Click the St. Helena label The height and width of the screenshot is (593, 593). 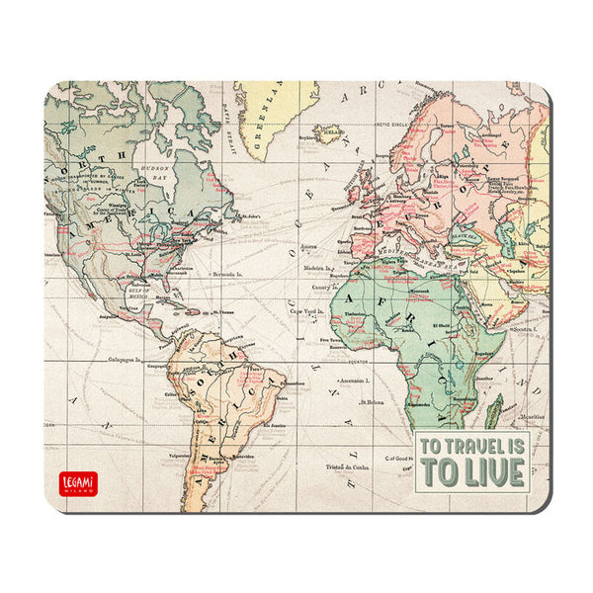pos(372,402)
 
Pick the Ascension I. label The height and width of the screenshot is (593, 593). pos(355,380)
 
